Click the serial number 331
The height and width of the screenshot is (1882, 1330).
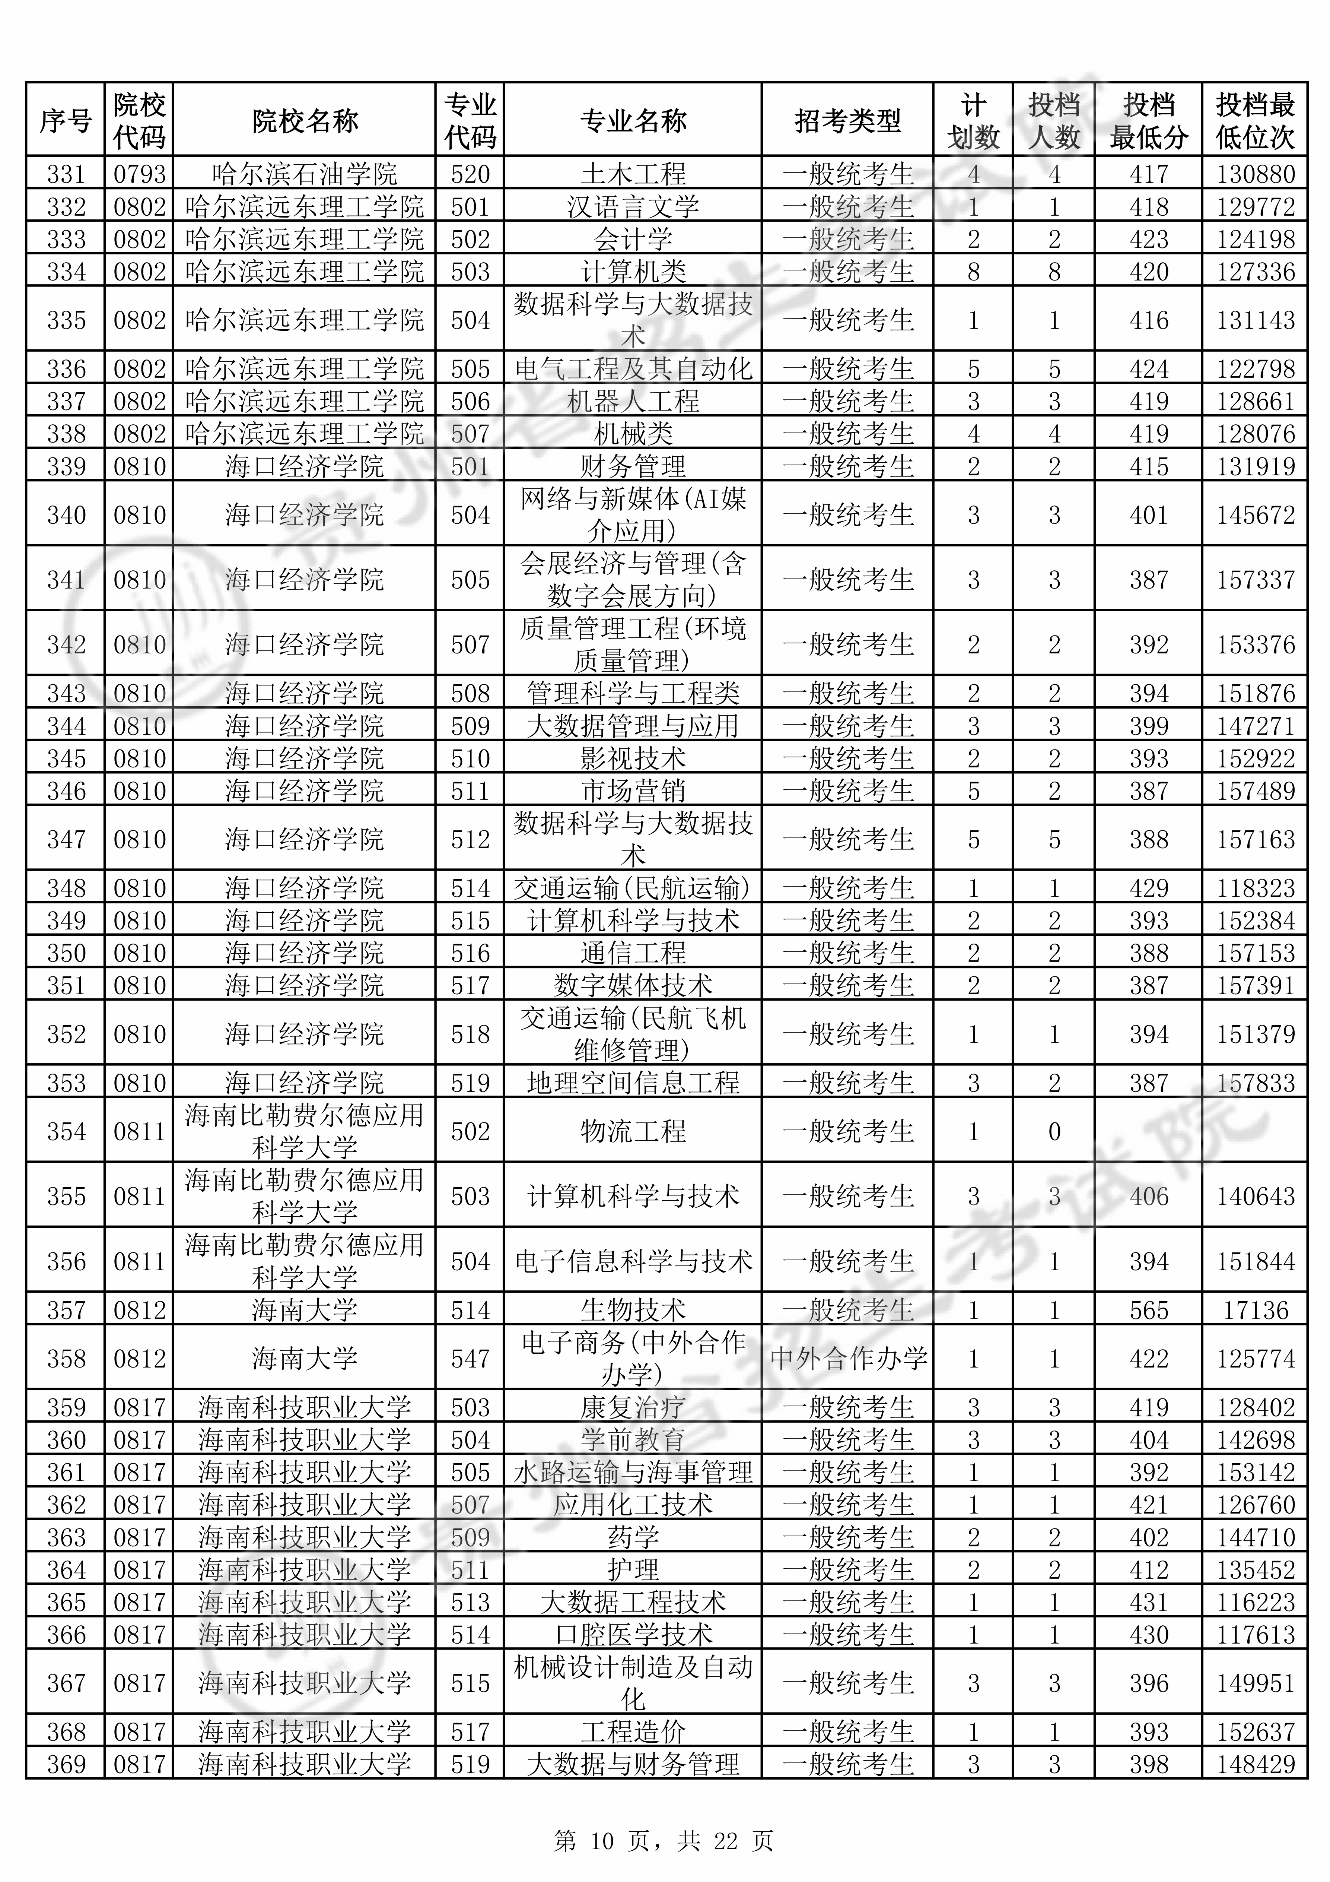click(66, 174)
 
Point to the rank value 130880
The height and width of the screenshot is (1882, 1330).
click(1255, 174)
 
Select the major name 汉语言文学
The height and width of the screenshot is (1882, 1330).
click(633, 206)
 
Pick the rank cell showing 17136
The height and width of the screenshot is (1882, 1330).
click(1255, 1310)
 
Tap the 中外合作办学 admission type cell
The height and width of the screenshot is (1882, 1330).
click(847, 1358)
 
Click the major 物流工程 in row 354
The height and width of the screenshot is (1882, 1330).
click(633, 1131)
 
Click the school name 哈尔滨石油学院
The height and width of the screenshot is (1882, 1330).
click(304, 174)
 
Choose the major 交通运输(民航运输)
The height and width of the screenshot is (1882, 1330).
click(633, 888)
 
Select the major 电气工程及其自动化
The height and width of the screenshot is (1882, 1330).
click(633, 369)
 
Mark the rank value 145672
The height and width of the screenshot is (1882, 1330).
click(1255, 515)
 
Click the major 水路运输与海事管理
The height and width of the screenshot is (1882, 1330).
click(633, 1472)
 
